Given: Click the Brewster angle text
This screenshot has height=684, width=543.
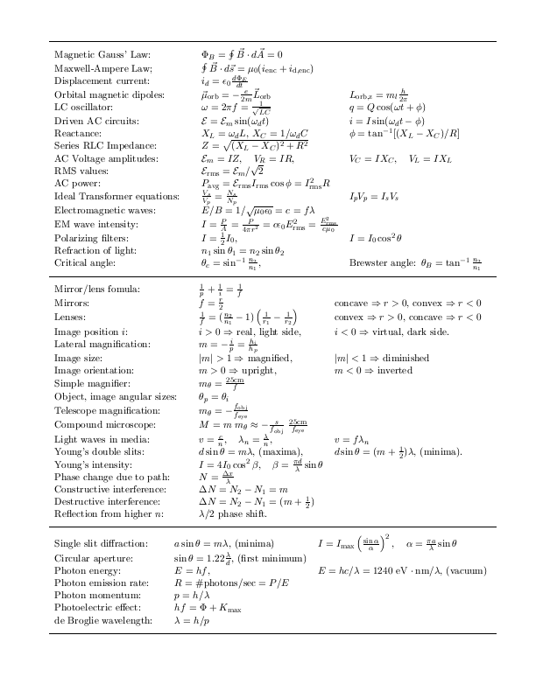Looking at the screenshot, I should tap(384, 262).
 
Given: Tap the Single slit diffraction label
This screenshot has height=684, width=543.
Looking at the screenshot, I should tap(95, 543).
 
